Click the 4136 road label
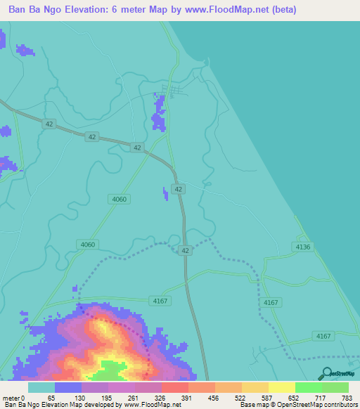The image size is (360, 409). coord(303,247)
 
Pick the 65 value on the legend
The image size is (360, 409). coord(51,398)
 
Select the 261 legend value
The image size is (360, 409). coord(133,398)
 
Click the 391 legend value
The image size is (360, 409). coord(187,398)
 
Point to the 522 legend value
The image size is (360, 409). coord(241,398)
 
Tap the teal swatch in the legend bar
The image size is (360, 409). coord(41,387)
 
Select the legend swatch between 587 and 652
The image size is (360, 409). coord(281,387)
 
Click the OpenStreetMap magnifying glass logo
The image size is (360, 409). coord(325,374)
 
